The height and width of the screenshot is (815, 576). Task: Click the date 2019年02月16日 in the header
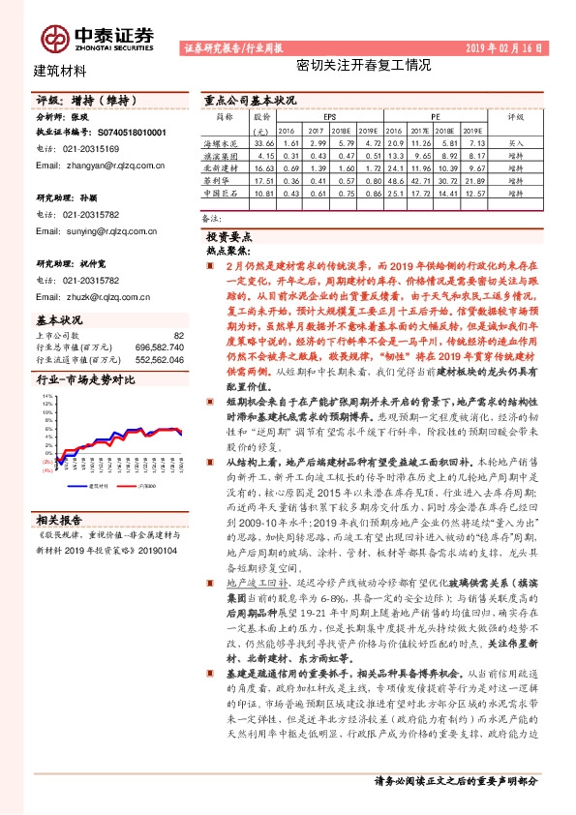point(506,46)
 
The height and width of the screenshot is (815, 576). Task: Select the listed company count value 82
point(178,335)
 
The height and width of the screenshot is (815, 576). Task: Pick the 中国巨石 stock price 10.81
point(262,195)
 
